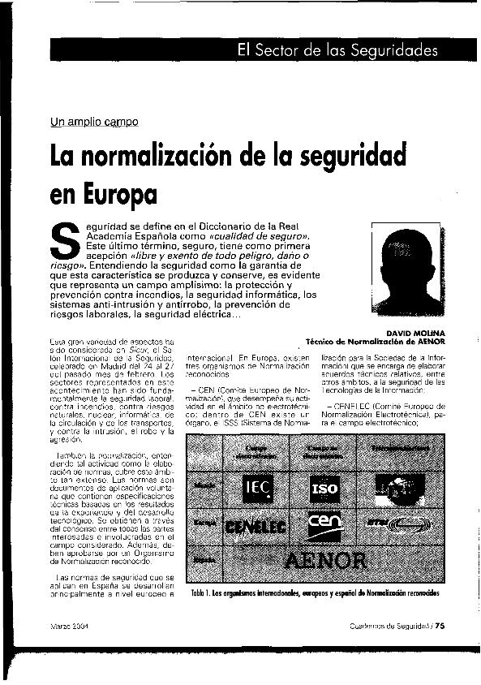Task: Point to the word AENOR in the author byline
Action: tap(427, 342)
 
